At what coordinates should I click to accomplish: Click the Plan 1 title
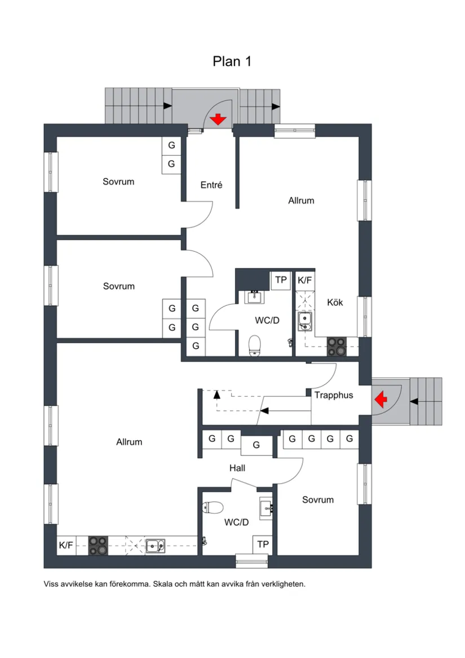coord(232,62)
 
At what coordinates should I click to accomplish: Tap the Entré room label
coord(211,185)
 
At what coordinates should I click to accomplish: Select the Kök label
coord(335,302)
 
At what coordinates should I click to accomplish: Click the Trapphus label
coord(334,395)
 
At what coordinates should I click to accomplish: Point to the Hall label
coord(237,468)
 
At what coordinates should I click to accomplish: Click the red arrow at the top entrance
coord(218,119)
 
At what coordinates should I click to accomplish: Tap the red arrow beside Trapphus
coord(380,399)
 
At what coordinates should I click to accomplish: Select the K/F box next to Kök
coord(305,280)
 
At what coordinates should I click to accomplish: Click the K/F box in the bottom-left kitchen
coord(67,545)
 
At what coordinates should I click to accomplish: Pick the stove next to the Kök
coord(336,346)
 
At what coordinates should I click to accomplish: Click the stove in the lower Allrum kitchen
coord(98,546)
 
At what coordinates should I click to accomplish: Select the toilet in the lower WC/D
coord(212,507)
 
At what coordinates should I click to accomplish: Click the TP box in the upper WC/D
coord(281,280)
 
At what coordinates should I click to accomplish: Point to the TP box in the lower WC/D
coord(263,545)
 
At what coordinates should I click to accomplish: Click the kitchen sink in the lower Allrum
coord(155,546)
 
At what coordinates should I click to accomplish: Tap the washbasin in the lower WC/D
coord(266,509)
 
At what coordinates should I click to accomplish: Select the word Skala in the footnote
coord(163,584)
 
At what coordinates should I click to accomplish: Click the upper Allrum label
coord(301,200)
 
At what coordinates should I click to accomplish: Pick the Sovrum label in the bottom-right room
coord(318,500)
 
